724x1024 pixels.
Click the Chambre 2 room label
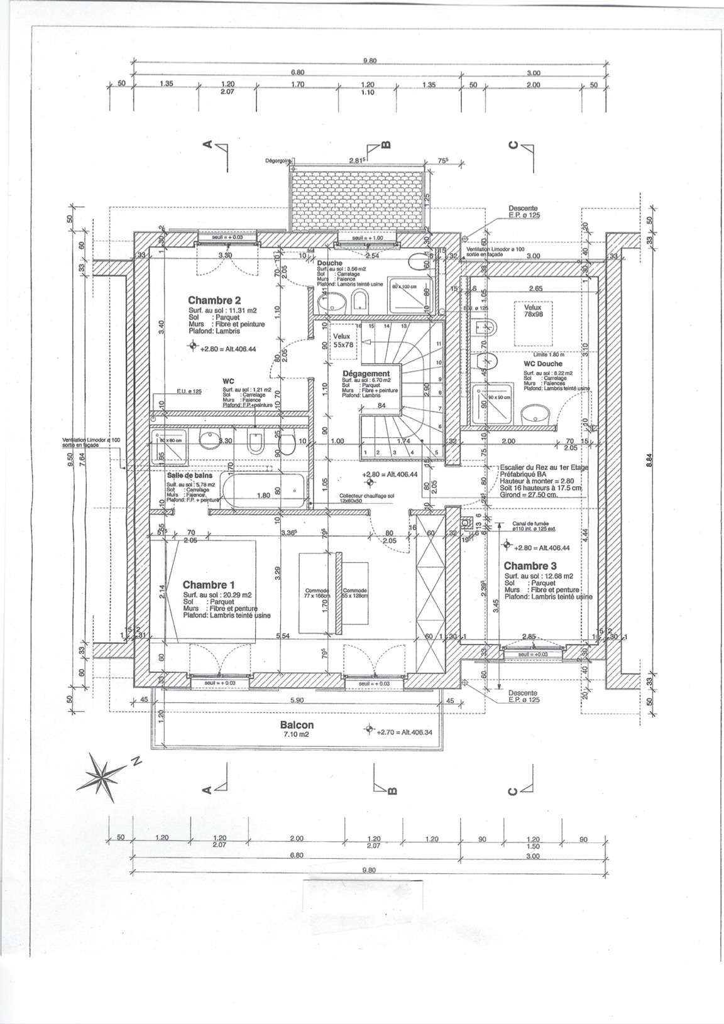click(x=214, y=301)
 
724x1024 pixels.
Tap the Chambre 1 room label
click(x=209, y=585)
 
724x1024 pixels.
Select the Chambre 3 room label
click(x=530, y=566)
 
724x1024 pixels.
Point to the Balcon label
click(x=297, y=724)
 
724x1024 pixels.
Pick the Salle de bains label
click(x=189, y=476)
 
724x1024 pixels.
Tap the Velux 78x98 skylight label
click(x=532, y=311)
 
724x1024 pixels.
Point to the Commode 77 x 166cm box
click(x=317, y=594)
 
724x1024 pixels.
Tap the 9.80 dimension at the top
click(x=370, y=60)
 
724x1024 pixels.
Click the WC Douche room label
click(x=542, y=364)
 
